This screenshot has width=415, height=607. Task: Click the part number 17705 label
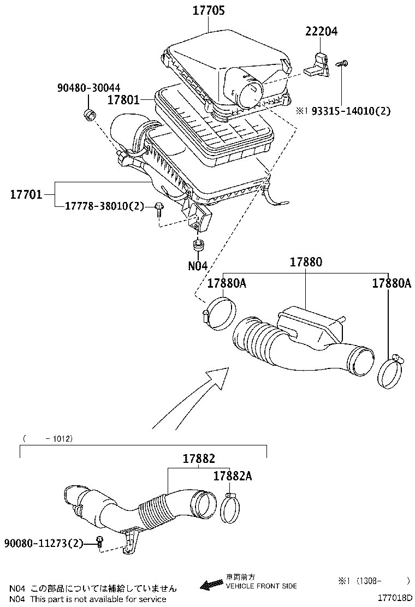click(x=208, y=10)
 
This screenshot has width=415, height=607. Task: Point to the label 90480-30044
click(x=89, y=88)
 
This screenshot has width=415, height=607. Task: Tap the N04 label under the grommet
click(x=198, y=266)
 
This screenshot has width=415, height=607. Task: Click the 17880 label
click(x=306, y=262)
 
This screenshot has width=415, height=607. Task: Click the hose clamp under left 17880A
click(x=220, y=313)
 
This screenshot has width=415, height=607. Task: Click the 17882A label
click(x=233, y=476)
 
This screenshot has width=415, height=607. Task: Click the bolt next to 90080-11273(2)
click(x=99, y=542)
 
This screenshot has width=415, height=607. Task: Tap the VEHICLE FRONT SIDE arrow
click(x=212, y=585)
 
